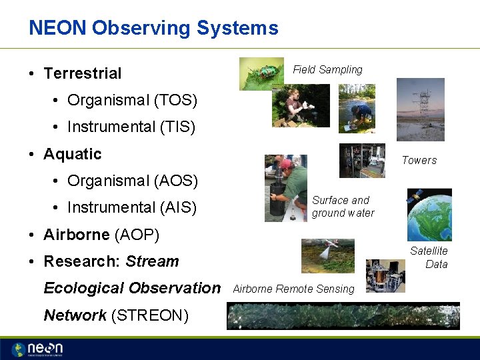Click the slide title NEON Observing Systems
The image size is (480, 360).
click(x=153, y=28)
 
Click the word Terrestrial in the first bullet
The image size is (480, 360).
click(x=82, y=73)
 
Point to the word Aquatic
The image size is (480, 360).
click(x=72, y=154)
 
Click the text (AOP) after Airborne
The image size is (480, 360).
click(x=137, y=235)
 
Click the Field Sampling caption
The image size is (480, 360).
click(x=327, y=69)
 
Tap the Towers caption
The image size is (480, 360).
click(x=419, y=160)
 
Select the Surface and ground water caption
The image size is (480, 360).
click(x=343, y=207)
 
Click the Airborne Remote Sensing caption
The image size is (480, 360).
click(x=293, y=289)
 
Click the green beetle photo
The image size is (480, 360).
click(x=261, y=73)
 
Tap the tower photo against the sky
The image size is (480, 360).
click(x=420, y=109)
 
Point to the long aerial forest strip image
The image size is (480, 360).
click(x=343, y=316)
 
